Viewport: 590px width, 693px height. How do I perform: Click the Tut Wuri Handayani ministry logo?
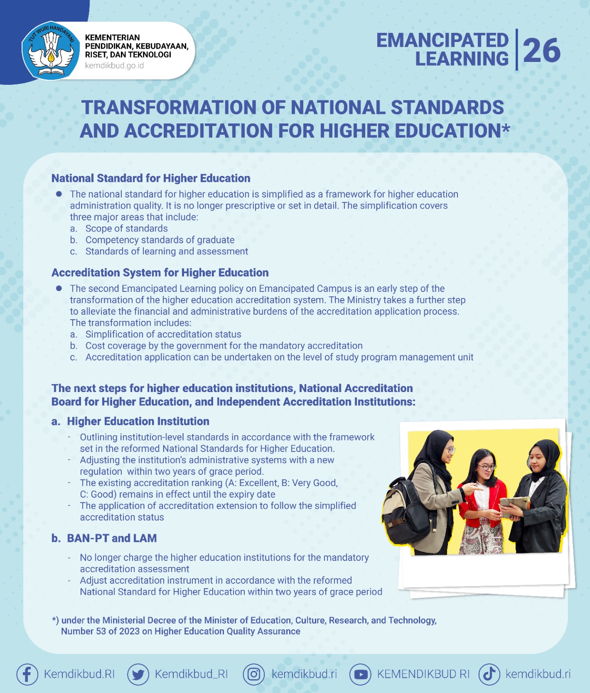pyautogui.click(x=51, y=50)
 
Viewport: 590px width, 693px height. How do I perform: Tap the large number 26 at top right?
pyautogui.click(x=541, y=51)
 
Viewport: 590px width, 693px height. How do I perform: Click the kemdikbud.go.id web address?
pyautogui.click(x=114, y=66)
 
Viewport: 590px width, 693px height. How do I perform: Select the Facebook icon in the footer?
pyautogui.click(x=27, y=674)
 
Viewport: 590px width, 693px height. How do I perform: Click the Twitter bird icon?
pyautogui.click(x=138, y=674)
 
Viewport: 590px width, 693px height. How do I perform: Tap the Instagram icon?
pyautogui.click(x=254, y=674)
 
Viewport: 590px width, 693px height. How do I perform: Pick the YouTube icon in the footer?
pyautogui.click(x=360, y=674)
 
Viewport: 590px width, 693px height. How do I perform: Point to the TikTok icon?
pyautogui.click(x=490, y=674)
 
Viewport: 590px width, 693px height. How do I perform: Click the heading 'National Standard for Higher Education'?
pyautogui.click(x=151, y=178)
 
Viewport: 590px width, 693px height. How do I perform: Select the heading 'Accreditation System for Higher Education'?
pyautogui.click(x=160, y=273)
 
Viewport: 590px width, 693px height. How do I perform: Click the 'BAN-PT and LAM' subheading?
pyautogui.click(x=112, y=538)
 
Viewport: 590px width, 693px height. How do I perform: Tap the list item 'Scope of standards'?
pyautogui.click(x=126, y=229)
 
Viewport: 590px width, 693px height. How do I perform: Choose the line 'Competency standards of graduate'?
pyautogui.click(x=160, y=240)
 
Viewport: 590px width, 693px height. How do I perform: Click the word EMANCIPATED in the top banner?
pyautogui.click(x=442, y=40)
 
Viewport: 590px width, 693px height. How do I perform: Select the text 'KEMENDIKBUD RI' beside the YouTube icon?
pyautogui.click(x=423, y=674)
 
